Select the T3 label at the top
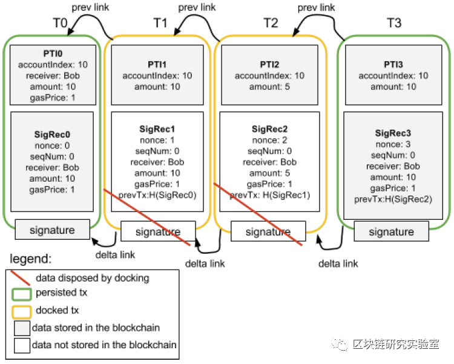[394, 24]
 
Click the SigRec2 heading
[269, 129]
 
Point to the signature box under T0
[52, 230]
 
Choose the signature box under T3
[391, 231]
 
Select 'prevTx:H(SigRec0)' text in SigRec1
[157, 194]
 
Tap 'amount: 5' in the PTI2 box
[269, 87]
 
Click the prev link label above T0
[91, 8]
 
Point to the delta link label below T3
[338, 263]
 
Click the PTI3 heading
[394, 64]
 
